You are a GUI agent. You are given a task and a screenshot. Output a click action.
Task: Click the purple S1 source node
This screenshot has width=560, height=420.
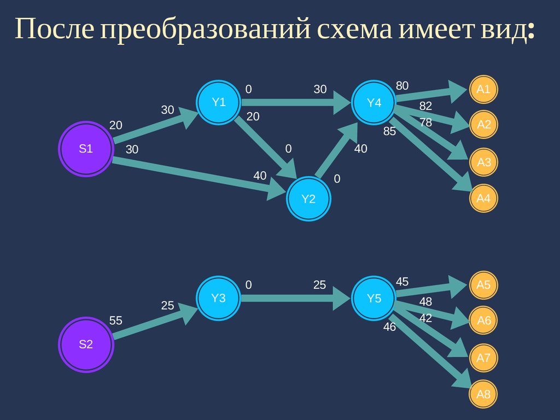[x=86, y=149]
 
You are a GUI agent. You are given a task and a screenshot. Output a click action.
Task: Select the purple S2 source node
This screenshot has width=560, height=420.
[x=86, y=345]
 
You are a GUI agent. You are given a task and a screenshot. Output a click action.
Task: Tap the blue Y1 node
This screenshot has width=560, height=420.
[x=219, y=102]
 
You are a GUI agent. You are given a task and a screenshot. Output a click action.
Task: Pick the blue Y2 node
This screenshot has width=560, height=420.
[x=309, y=199]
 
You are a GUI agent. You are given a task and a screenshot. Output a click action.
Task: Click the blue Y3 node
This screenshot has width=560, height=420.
[x=219, y=299]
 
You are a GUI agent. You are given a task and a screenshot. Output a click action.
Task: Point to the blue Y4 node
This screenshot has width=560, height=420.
[x=374, y=102]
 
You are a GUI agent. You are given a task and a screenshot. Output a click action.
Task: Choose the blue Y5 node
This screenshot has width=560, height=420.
[x=374, y=299]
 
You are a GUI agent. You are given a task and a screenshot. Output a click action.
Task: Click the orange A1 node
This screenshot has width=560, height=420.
[x=483, y=89]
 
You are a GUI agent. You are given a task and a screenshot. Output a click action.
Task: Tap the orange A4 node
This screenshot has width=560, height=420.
[x=483, y=199]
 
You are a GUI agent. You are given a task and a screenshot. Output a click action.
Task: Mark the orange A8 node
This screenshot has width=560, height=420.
[x=483, y=394]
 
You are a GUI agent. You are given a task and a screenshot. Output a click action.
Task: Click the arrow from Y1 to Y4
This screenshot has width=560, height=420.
[x=295, y=102]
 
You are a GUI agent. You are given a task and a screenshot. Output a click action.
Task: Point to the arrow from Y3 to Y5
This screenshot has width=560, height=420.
[x=295, y=299]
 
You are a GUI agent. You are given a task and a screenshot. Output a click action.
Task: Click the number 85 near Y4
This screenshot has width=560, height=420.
[x=389, y=132]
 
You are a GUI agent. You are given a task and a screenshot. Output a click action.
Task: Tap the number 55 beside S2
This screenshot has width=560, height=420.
[x=115, y=321]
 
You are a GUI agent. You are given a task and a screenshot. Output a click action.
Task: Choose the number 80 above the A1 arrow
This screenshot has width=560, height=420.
[x=402, y=86]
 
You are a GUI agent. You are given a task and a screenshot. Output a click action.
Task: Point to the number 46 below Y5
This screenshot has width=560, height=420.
[x=389, y=328]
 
